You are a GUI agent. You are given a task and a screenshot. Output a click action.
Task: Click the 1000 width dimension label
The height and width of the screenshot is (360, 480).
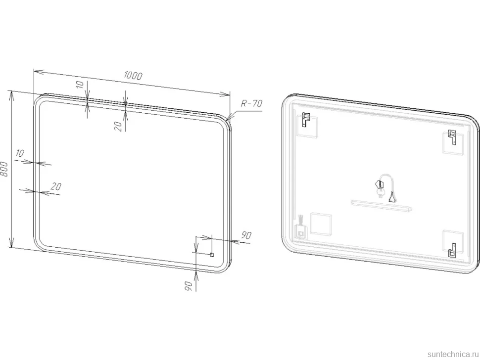click(133, 75)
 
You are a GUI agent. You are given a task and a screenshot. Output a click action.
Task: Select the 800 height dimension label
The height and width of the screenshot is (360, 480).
click(4, 169)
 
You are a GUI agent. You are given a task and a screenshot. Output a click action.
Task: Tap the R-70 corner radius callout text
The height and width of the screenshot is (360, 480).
click(252, 103)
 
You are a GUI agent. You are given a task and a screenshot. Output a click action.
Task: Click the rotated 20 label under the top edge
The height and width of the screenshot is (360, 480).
click(119, 126)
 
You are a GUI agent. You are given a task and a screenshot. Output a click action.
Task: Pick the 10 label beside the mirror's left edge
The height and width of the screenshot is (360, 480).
click(20, 153)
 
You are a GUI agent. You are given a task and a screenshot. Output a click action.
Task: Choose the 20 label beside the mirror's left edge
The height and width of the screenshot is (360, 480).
click(56, 186)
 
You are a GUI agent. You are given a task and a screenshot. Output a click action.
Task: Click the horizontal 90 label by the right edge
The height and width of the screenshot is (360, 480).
click(246, 235)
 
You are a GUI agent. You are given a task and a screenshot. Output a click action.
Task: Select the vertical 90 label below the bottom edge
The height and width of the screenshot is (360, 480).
click(188, 286)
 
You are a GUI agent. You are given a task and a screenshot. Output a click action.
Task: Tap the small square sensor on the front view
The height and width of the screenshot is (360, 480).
click(211, 255)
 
